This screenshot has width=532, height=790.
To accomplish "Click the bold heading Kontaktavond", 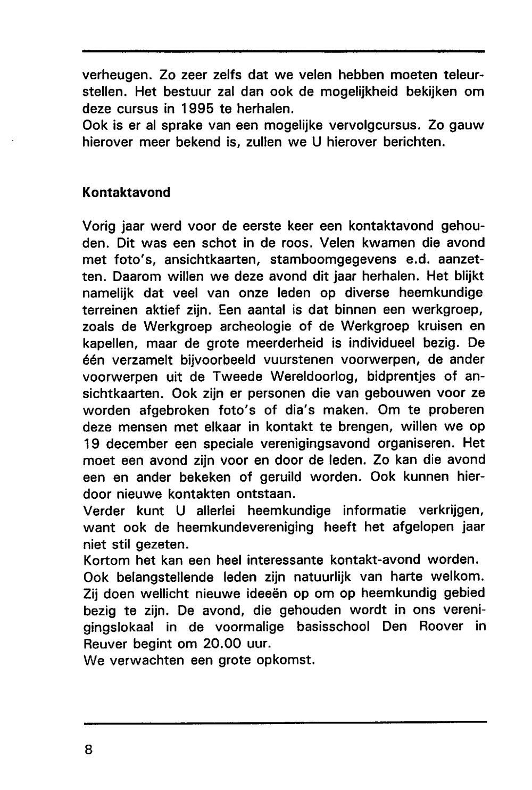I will tap(127, 192).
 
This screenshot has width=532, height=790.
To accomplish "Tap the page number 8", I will tap(88, 750).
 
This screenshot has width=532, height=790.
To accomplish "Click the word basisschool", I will tap(333, 627).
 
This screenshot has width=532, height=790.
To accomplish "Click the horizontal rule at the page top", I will tap(284, 52).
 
